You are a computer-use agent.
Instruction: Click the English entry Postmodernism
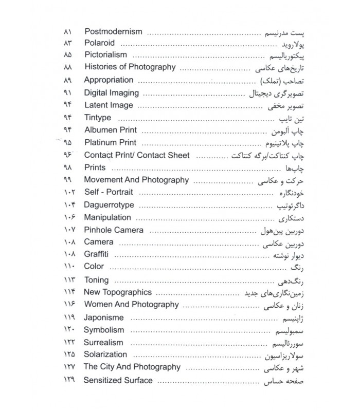point(113,31)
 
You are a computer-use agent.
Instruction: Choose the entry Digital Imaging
point(111,93)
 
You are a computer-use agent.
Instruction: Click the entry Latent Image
point(109,105)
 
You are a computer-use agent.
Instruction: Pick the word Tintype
point(97,118)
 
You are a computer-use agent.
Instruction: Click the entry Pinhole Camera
point(113,230)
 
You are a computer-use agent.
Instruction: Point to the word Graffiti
point(96,254)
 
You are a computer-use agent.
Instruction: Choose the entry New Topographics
point(117,292)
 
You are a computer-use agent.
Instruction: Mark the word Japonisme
point(103,317)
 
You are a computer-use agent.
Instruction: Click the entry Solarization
point(105,354)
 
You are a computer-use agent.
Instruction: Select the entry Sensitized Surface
point(118,380)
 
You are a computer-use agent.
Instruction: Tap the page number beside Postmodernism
point(68,31)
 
